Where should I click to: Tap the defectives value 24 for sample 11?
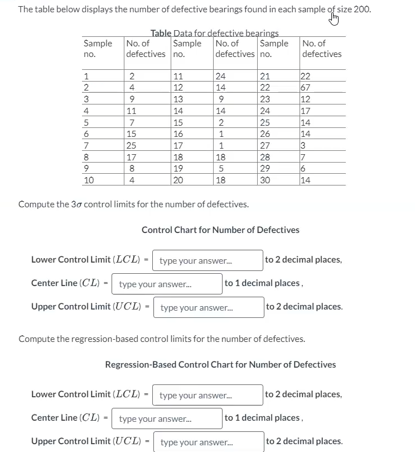point(220,77)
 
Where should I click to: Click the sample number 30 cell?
point(265,180)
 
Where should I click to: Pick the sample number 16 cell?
point(178,134)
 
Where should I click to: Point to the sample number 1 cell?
point(85,77)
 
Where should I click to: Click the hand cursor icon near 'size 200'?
point(335,20)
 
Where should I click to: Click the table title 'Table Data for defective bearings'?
point(215,34)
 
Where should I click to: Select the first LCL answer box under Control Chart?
point(207,260)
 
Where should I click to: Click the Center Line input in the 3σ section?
point(167,283)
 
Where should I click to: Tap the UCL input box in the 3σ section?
point(209,307)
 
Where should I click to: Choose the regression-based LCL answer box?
point(207,395)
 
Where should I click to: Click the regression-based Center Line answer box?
point(167,418)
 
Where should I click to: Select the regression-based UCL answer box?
point(209,442)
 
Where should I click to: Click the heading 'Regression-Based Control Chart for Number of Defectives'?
point(220,365)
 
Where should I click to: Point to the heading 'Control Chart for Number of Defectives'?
point(220,230)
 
